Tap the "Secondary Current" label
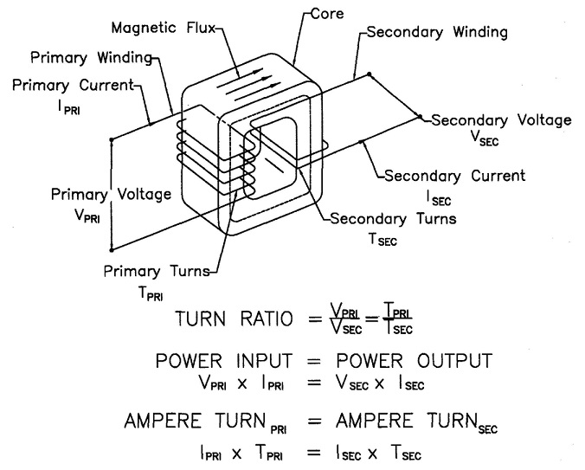click(x=454, y=176)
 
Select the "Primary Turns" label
click(x=156, y=271)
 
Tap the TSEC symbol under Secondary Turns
click(x=382, y=241)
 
